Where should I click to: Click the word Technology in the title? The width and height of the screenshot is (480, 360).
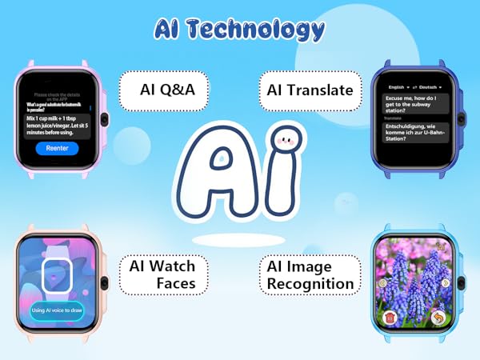pyautogui.click(x=264, y=30)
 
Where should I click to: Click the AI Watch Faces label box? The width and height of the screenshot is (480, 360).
pyautogui.click(x=162, y=274)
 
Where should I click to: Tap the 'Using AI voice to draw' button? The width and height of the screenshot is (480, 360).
pyautogui.click(x=56, y=310)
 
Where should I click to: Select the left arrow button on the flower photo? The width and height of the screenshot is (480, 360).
pyautogui.click(x=383, y=282)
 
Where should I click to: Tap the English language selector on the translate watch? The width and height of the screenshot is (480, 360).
pyautogui.click(x=397, y=86)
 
